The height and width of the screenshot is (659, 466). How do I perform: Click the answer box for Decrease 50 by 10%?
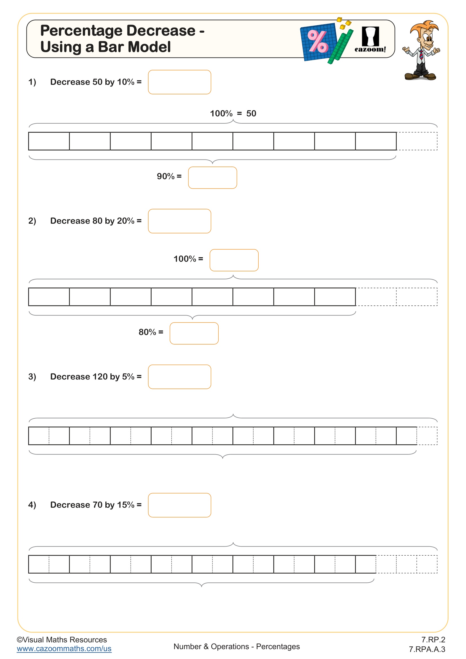(179, 82)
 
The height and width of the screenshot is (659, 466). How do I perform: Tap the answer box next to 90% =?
(212, 178)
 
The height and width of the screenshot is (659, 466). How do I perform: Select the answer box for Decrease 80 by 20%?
(179, 221)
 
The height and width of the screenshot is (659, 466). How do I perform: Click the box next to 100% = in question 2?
(234, 260)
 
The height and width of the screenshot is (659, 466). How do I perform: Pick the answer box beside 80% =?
(194, 333)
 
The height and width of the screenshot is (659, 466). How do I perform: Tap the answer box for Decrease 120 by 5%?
(179, 377)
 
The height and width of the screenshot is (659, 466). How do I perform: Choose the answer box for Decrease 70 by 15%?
(179, 505)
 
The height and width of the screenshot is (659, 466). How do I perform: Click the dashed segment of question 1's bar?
(417, 141)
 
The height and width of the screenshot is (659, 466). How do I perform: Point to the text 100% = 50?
(233, 114)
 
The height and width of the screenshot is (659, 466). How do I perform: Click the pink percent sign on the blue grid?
(317, 42)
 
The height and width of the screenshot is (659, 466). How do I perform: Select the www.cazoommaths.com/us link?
(64, 649)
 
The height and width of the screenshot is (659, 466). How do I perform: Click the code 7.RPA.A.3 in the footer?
(427, 649)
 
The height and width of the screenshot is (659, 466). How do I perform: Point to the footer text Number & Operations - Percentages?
(236, 646)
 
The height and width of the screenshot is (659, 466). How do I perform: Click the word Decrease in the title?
(161, 31)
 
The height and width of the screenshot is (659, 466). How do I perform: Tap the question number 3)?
(32, 377)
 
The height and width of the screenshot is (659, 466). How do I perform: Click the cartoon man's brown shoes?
(420, 77)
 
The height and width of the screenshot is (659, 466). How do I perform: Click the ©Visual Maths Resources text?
(62, 640)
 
